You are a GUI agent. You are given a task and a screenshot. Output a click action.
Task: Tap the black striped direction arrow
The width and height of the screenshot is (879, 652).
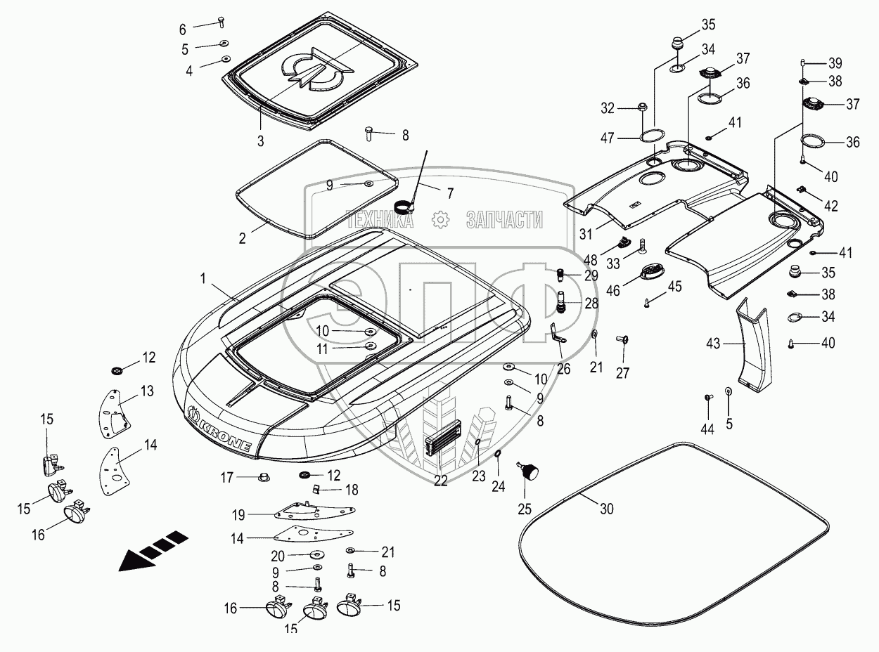coord(153,552)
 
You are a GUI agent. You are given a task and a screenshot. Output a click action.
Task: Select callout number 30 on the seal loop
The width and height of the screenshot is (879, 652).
coord(606,509)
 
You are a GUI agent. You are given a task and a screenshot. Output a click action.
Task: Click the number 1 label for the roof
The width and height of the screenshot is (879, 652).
coord(203,279)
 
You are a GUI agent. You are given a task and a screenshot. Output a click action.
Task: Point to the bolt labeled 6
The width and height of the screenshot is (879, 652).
coord(222,22)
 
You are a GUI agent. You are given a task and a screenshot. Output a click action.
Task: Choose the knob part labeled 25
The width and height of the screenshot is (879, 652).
coord(529,471)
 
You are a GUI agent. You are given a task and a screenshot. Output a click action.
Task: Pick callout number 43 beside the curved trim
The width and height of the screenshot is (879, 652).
coord(713,344)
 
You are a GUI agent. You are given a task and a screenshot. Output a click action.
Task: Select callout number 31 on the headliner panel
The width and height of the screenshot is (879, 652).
coord(586,234)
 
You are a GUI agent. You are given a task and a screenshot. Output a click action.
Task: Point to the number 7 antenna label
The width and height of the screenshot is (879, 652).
coord(450,193)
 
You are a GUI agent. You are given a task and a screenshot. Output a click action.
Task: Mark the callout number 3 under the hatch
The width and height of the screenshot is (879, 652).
coord(260,141)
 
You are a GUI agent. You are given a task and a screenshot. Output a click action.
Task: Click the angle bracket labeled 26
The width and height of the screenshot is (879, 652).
coord(558,333)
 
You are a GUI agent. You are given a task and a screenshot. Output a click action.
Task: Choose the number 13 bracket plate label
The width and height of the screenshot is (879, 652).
coord(147,391)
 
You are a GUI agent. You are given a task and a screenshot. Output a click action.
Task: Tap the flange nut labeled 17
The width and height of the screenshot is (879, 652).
coord(263,477)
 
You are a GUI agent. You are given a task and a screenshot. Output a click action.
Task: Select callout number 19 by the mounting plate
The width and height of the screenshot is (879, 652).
coord(238,515)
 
